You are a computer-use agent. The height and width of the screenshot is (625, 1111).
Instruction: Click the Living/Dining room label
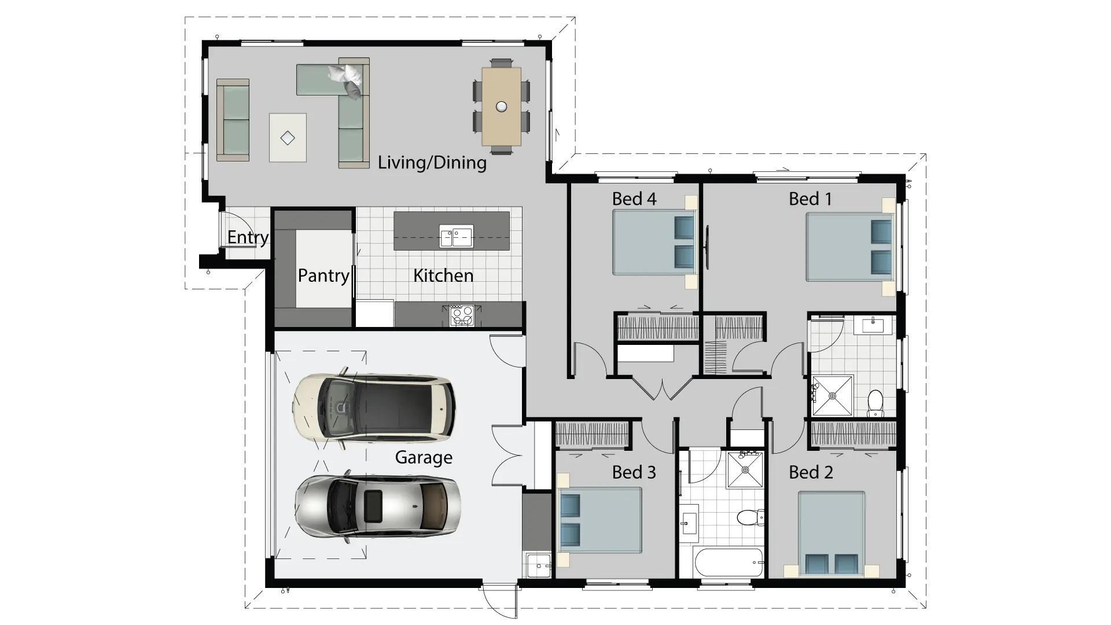(x=432, y=163)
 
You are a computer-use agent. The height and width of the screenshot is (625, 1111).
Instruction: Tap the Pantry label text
(x=323, y=275)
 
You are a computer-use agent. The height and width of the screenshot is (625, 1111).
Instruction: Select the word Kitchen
(x=443, y=275)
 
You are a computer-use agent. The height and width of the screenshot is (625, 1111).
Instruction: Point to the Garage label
(x=424, y=458)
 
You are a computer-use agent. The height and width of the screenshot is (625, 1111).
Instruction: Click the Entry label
(x=248, y=237)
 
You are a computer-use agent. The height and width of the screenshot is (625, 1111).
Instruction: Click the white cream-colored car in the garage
(x=374, y=407)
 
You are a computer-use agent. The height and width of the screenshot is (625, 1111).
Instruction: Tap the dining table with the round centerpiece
(x=501, y=106)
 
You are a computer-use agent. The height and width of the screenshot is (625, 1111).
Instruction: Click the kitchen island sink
(x=456, y=236)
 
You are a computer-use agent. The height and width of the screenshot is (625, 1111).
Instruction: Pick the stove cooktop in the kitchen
(x=462, y=316)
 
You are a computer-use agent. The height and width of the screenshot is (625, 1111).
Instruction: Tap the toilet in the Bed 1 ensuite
(x=875, y=403)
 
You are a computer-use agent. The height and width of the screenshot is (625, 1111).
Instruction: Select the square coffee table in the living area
(x=288, y=138)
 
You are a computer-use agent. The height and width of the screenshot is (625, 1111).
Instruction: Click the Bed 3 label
(x=634, y=473)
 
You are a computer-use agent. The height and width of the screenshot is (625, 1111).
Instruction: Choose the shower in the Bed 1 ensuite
(x=832, y=396)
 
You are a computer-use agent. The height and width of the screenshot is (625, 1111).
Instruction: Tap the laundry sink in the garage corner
(x=538, y=565)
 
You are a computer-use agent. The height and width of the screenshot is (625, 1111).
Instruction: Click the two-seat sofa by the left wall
(x=233, y=120)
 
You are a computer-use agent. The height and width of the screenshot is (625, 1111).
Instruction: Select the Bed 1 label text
(x=810, y=199)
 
